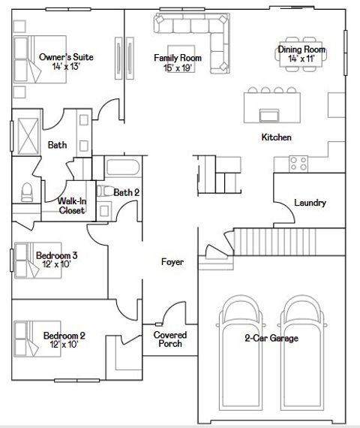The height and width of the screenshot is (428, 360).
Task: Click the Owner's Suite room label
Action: pos(66,62)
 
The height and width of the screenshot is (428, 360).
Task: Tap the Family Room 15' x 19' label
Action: pos(173,62)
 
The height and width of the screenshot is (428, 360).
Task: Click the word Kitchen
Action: pos(276,137)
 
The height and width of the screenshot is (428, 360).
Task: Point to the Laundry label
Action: pos(310,203)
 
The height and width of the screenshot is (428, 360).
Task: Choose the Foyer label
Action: pos(173,262)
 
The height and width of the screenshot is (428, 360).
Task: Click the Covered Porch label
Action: pos(169,339)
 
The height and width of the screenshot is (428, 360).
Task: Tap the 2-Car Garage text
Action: pos(271,339)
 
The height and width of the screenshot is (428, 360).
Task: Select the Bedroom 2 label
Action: pos(64,339)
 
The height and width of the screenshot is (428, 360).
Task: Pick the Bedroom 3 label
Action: pos(57,260)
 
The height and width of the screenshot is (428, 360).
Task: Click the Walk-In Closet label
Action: pos(71,206)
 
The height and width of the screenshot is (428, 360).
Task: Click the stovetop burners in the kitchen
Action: pos(298,162)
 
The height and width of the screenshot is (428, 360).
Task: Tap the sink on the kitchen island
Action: pos(268,114)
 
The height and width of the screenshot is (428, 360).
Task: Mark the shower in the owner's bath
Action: pos(27,135)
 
